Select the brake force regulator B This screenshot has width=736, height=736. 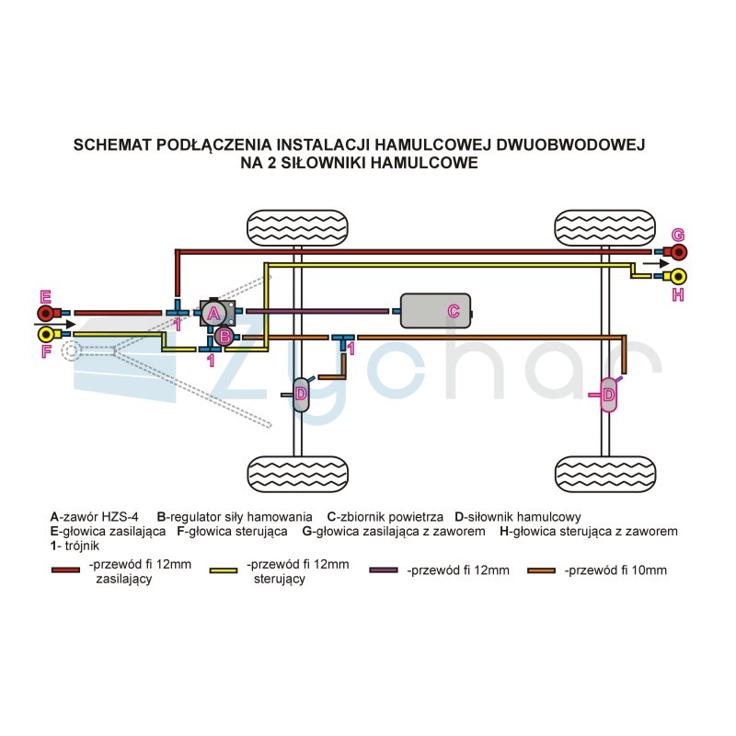point(224,336)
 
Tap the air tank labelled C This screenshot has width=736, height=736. point(435,311)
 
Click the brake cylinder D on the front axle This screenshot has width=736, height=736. point(301,395)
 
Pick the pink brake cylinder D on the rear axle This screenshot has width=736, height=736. point(608,395)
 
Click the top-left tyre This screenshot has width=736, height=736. point(297,228)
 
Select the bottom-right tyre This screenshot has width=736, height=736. point(605,474)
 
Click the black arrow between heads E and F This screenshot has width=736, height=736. point(55,324)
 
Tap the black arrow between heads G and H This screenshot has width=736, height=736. point(656,264)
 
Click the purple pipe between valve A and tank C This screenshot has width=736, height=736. point(317,311)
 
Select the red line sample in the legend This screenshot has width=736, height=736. point(65,570)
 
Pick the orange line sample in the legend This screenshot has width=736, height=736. point(541,570)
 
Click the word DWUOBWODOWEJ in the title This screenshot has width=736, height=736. point(570,144)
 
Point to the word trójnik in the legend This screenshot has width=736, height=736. point(82,546)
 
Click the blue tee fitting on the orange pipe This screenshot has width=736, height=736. point(343,340)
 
